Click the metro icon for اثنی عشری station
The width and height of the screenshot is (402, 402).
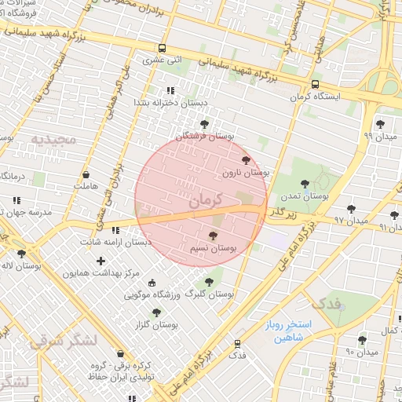[162, 47]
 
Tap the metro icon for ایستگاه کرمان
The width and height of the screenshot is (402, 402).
[315, 85]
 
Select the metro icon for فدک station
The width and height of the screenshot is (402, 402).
[237, 344]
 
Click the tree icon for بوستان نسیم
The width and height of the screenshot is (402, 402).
[213, 236]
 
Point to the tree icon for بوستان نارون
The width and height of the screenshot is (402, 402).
[246, 160]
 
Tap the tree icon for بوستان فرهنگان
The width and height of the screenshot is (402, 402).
[205, 124]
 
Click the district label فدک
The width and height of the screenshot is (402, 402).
[325, 302]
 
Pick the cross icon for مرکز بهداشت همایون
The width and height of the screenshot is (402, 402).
[100, 260]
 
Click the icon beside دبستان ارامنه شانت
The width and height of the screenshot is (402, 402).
[116, 230]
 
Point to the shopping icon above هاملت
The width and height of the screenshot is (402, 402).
[86, 175]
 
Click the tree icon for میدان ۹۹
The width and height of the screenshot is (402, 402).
[380, 123]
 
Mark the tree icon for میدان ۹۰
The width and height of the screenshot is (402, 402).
[362, 340]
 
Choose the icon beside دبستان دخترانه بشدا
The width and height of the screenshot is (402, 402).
[170, 90]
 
